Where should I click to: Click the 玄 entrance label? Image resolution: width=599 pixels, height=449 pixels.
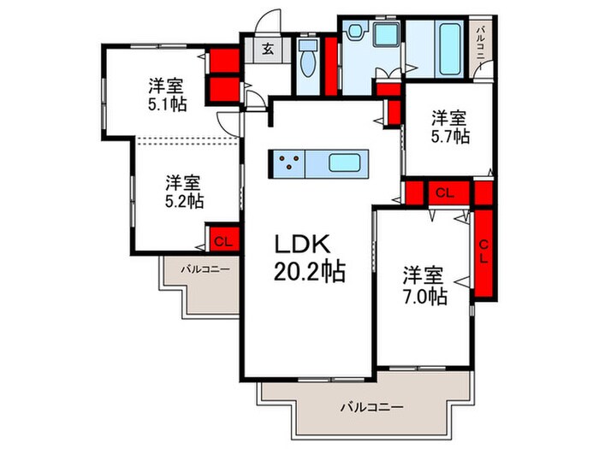click(x=268, y=49)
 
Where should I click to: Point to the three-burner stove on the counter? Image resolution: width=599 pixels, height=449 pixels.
click(x=288, y=162)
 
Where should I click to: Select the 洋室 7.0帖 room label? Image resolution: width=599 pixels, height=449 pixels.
click(x=424, y=286)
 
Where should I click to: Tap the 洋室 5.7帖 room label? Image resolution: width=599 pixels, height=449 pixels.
click(x=449, y=126)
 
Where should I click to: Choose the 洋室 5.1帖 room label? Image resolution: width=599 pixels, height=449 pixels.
click(x=167, y=94)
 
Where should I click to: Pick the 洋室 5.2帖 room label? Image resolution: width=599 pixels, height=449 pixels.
click(x=183, y=192)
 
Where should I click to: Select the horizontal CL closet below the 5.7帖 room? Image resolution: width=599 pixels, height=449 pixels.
click(x=444, y=193)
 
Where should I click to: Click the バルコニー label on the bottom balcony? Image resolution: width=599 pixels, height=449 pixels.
click(x=371, y=406)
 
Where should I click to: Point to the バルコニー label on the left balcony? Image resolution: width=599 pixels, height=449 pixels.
click(x=205, y=269)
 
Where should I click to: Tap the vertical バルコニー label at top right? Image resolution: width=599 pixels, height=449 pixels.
click(x=482, y=43)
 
